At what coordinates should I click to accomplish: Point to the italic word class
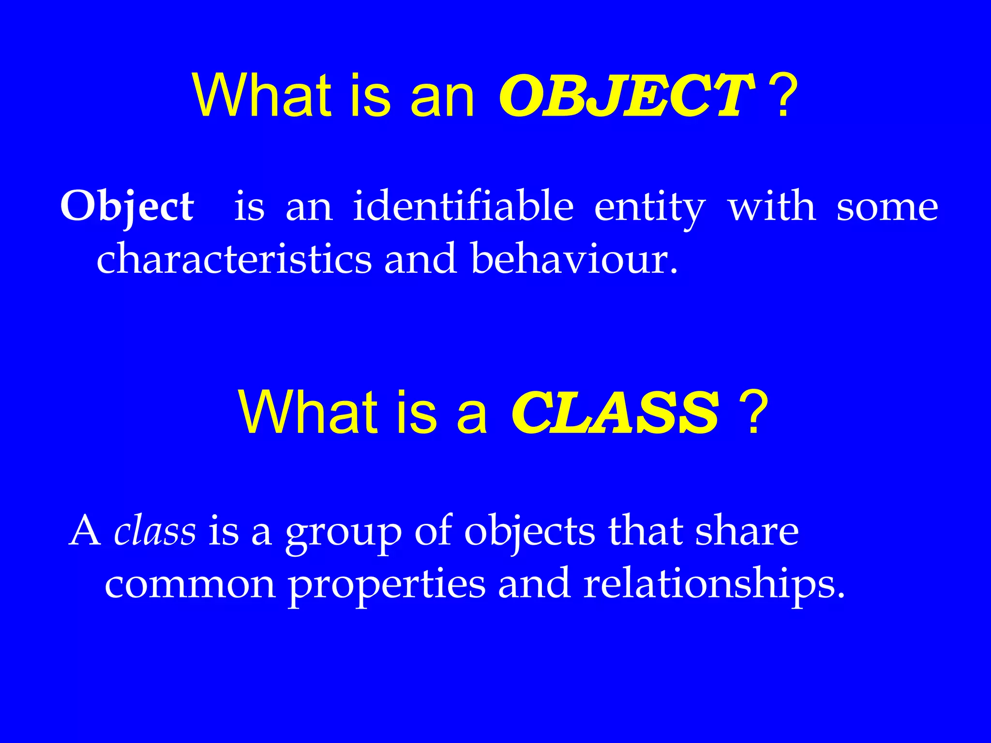155,531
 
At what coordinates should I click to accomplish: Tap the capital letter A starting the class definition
86,531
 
